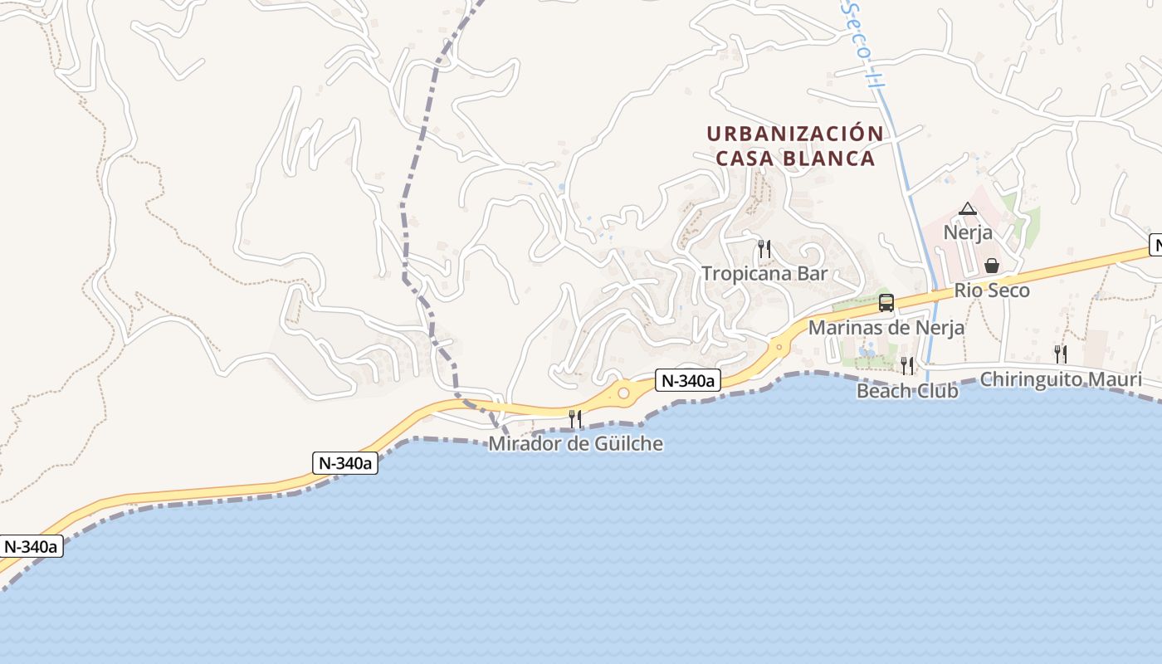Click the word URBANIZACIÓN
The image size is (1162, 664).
point(794,134)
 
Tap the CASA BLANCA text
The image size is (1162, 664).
point(794,159)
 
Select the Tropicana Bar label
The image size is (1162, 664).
point(764,273)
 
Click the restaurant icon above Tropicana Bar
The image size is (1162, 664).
point(764,248)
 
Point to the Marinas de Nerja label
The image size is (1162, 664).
point(886,327)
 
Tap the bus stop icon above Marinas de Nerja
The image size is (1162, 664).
point(886,303)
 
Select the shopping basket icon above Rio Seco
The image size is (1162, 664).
point(991,266)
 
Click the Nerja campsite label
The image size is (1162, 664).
point(968,232)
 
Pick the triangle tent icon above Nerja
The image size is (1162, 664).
point(968,208)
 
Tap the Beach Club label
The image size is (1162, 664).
point(906,390)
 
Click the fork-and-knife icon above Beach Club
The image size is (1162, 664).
point(907,365)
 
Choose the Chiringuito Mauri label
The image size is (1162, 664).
point(1061,379)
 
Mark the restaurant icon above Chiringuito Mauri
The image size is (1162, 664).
point(1061,354)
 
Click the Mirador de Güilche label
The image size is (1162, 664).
point(575,443)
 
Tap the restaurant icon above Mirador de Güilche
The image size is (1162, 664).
point(575,418)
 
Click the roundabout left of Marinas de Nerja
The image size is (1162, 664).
point(779,347)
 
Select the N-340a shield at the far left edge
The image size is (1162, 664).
point(32,546)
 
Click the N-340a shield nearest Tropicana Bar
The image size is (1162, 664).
point(687,380)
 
